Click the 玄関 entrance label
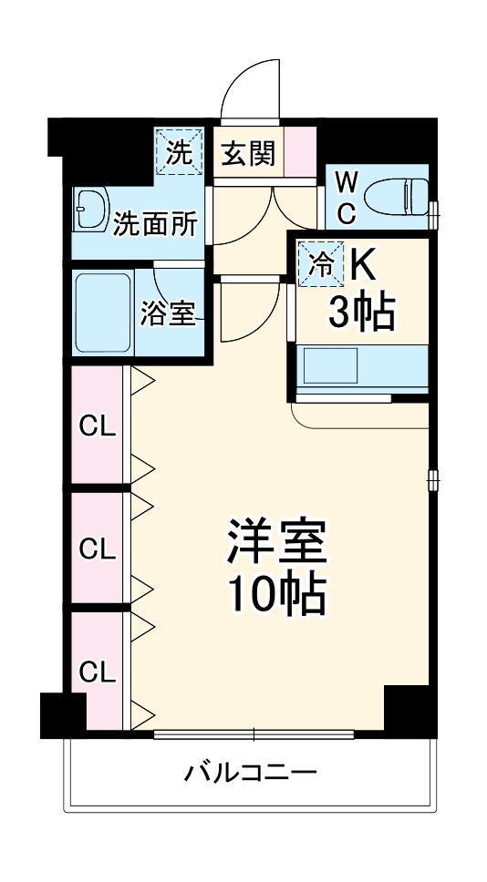[247, 154]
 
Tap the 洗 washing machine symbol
[178, 151]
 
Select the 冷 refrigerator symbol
[321, 265]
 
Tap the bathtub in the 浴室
[103, 313]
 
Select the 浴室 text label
[167, 314]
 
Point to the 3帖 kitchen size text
[360, 314]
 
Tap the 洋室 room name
[276, 543]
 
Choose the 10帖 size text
[275, 594]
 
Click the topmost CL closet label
[98, 426]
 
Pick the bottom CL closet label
[98, 672]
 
